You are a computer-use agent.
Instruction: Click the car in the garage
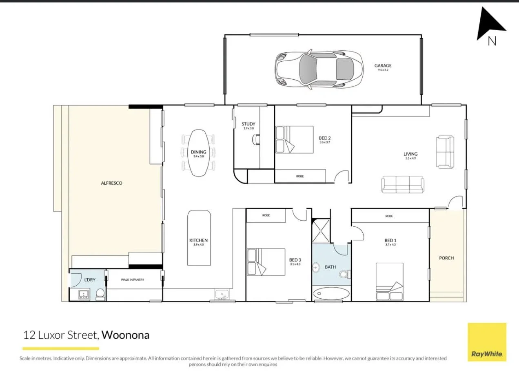[319, 69]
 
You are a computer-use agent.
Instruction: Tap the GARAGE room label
[383, 65]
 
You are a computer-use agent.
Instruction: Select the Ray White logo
[487, 342]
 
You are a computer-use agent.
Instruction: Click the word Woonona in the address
[125, 335]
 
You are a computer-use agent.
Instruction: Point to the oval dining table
[199, 153]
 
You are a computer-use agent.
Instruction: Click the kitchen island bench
[199, 237]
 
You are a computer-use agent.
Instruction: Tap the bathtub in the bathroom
[331, 293]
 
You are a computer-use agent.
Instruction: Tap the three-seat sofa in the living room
[402, 185]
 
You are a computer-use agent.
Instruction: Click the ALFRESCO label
[111, 183]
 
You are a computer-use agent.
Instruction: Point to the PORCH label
[446, 258]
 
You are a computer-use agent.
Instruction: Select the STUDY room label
[248, 124]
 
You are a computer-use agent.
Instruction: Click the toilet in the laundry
[100, 295]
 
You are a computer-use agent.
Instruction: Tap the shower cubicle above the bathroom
[320, 231]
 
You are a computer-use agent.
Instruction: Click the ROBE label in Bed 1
[389, 216]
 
